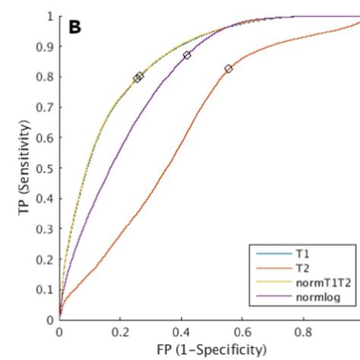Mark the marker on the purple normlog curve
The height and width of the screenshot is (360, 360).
(187, 55)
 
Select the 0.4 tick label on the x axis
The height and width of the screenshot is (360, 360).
(182, 332)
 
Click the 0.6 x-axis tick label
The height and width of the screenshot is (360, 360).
(242, 332)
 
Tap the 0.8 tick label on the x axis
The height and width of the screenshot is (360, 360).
(304, 332)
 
